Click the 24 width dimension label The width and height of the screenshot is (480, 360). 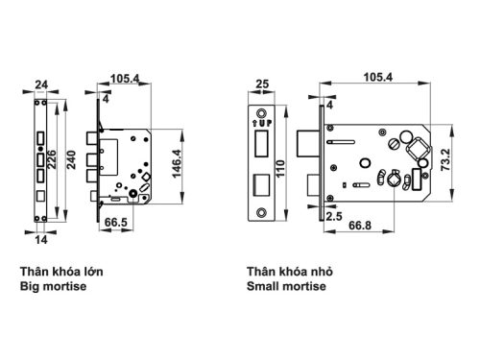(42, 83)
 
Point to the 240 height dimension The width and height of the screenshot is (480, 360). (71, 157)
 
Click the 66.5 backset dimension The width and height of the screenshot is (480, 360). (116, 222)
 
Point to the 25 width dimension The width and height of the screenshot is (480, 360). (262, 84)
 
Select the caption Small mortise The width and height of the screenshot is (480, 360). (287, 287)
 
